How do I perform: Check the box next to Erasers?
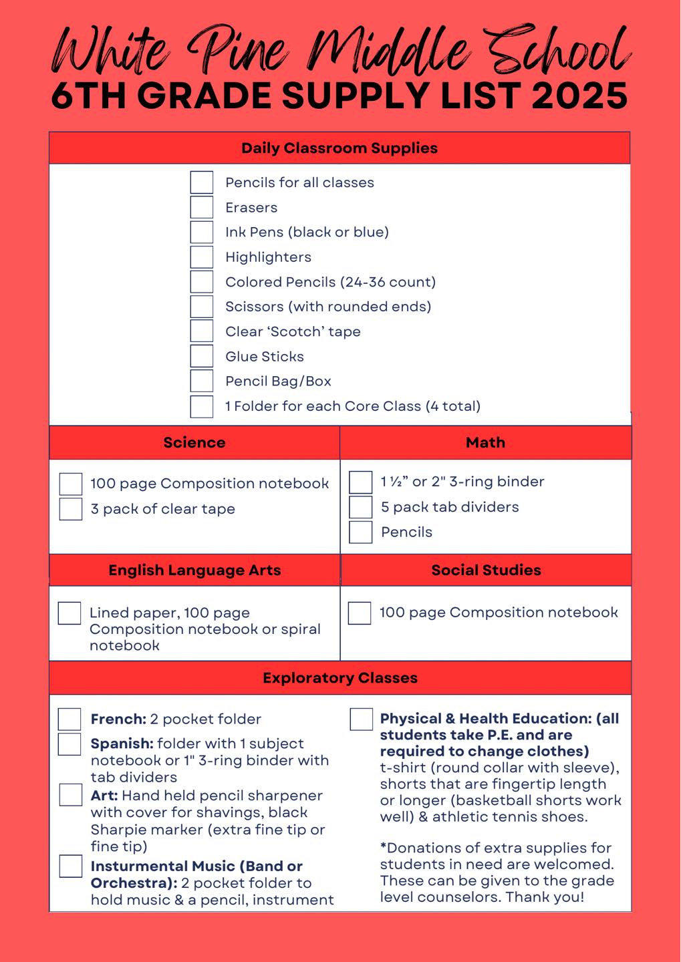[x=202, y=207]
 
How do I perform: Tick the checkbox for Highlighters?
[x=202, y=257]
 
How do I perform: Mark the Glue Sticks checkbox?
[x=202, y=356]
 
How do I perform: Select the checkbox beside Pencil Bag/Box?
[x=202, y=381]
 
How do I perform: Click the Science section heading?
[x=194, y=443]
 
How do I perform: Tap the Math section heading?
[x=486, y=443]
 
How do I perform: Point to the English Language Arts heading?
[x=194, y=571]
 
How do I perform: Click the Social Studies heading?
[x=486, y=571]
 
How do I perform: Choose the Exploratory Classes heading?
[x=340, y=678]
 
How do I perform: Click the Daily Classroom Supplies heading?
[x=339, y=148]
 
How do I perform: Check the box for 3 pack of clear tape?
[x=71, y=509]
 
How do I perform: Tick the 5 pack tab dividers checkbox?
[x=361, y=507]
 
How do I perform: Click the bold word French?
[x=118, y=719]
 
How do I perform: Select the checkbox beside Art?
[x=71, y=795]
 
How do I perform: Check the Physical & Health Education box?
[x=362, y=719]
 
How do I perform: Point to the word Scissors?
[x=255, y=307]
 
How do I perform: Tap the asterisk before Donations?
[x=384, y=847]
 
